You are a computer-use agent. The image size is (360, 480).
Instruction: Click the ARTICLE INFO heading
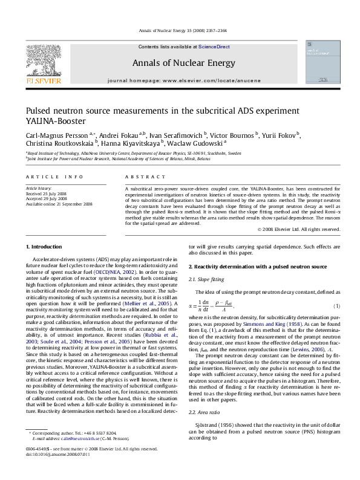click(x=54, y=177)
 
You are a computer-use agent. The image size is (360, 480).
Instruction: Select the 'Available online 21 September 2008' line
click(x=59, y=204)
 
